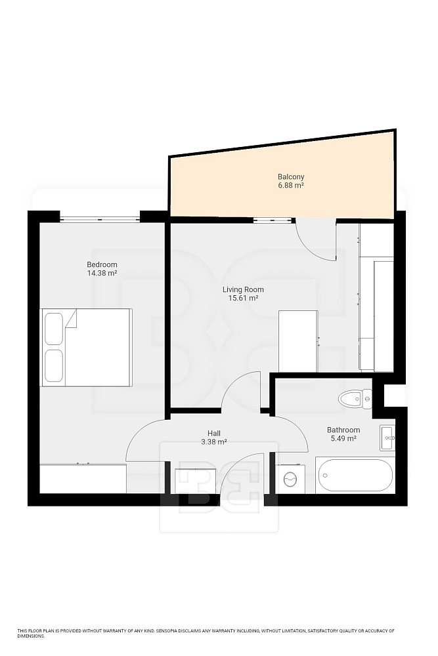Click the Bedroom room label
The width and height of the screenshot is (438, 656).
pos(102,264)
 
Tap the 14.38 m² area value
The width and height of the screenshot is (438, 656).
pos(102,273)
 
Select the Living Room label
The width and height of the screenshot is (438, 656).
pos(243,289)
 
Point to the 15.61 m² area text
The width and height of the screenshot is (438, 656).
pos(243,298)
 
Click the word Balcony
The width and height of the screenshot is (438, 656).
pos(291,177)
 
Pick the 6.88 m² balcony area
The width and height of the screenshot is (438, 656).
pos(291,186)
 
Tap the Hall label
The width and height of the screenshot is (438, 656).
pos(214,434)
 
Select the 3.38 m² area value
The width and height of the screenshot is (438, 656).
pos(214,441)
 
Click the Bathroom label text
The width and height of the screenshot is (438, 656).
pos(343,430)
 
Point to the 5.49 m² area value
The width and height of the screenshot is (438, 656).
pos(343,438)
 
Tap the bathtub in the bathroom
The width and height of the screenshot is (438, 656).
pos(355,475)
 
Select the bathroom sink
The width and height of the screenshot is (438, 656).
pos(387,438)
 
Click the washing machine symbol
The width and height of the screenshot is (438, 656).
pos(290,479)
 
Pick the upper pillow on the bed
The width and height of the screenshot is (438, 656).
pos(54,329)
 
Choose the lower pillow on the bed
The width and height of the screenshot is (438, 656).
pos(54,366)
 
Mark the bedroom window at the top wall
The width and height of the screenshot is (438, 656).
pos(100,218)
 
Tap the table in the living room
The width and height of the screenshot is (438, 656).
pos(298,341)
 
